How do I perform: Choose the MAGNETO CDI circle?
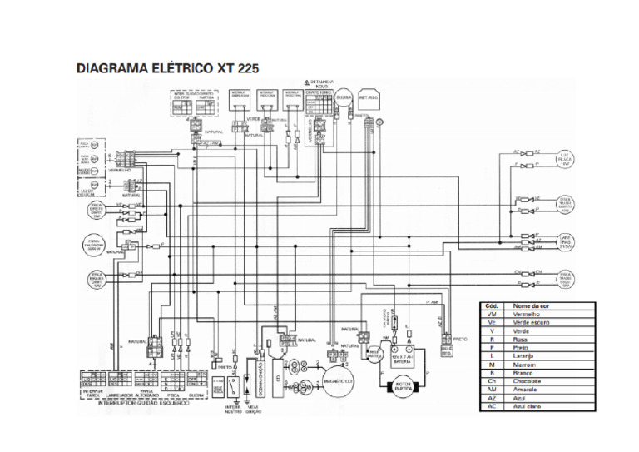tap(334, 378)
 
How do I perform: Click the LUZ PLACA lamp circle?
tap(565, 161)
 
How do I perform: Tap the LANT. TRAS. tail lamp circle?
tap(566, 241)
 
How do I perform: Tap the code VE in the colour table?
tap(493, 323)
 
